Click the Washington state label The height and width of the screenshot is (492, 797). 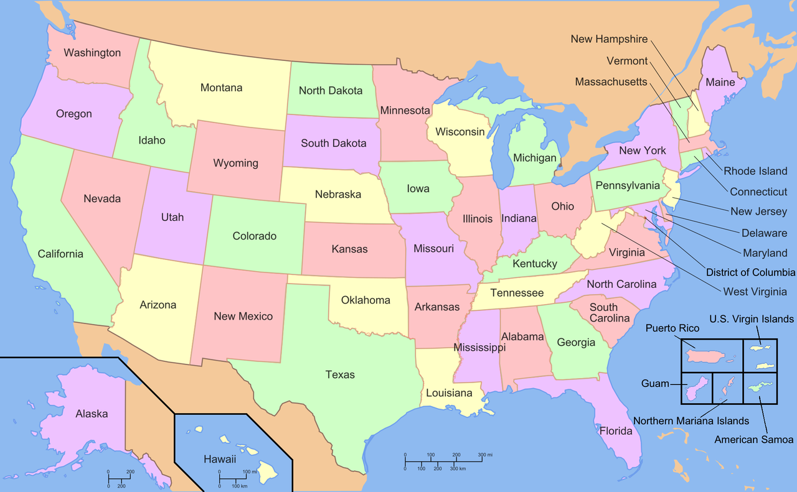[x=92, y=53]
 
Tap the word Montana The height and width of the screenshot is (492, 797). [x=221, y=88]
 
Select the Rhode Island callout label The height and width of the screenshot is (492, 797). [x=755, y=171]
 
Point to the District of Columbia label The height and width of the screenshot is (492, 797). [x=750, y=272]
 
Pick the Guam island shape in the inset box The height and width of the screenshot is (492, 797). [x=696, y=389]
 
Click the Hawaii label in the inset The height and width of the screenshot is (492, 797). [x=220, y=460]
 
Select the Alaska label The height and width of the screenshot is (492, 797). [x=92, y=414]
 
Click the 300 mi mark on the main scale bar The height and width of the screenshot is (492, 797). [x=484, y=455]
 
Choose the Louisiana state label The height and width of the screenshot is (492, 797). [x=449, y=393]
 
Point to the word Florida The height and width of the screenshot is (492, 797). [x=616, y=430]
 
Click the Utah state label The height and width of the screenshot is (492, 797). [x=172, y=217]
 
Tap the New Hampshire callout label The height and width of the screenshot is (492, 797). [x=609, y=39]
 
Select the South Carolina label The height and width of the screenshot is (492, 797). [x=609, y=312]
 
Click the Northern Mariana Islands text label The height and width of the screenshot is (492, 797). [x=691, y=421]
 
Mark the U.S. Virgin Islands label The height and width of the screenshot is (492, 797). [x=752, y=319]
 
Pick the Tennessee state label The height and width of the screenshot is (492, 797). [x=517, y=293]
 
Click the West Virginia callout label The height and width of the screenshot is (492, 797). [x=755, y=291]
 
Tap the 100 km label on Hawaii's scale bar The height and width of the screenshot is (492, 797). [x=240, y=485]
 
